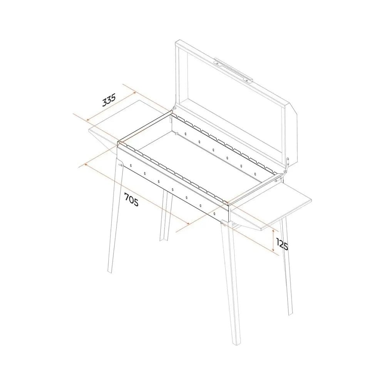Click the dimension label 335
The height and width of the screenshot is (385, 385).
[109, 100]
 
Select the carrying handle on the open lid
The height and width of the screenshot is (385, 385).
[233, 70]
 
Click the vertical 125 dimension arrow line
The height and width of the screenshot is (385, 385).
[273, 240]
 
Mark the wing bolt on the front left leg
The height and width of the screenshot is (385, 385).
[120, 165]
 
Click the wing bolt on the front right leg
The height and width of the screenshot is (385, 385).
[223, 223]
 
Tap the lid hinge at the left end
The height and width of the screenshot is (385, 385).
[174, 108]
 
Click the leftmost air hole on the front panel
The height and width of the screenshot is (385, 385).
[131, 166]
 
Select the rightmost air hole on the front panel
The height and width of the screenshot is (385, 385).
[214, 214]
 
